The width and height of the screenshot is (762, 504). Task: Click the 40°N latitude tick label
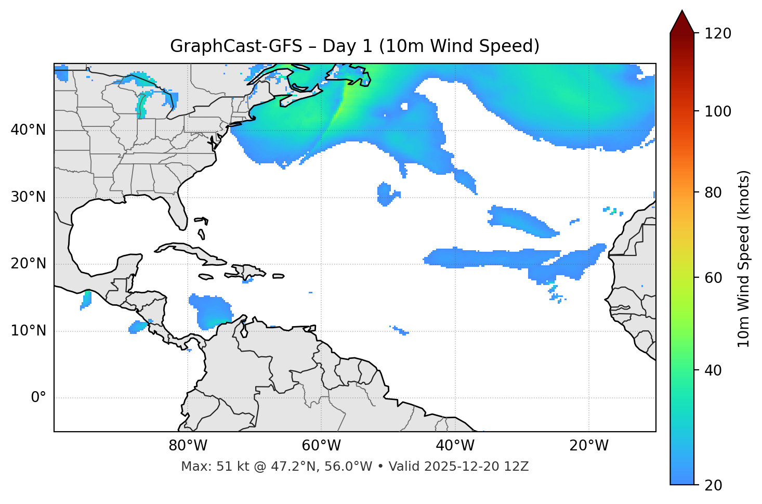coord(28,130)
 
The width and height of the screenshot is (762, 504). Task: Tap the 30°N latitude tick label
coord(28,197)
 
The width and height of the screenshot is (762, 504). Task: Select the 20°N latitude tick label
coord(28,264)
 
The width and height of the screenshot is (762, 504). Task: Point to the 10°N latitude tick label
coord(28,331)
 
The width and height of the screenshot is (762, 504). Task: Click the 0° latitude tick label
coord(38,398)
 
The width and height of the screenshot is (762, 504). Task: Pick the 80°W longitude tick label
coord(188,446)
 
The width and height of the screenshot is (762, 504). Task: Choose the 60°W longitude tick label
coord(321,446)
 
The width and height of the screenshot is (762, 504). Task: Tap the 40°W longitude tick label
coord(455,446)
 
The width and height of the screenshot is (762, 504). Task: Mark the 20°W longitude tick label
coord(589,446)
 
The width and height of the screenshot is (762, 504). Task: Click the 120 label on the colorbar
coord(718,34)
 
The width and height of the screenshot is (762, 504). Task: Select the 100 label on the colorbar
coord(718,111)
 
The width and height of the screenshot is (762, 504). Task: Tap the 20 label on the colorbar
coord(714,485)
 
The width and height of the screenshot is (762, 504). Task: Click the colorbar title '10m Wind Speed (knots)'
coord(744,259)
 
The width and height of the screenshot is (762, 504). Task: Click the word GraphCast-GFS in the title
coord(236,46)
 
